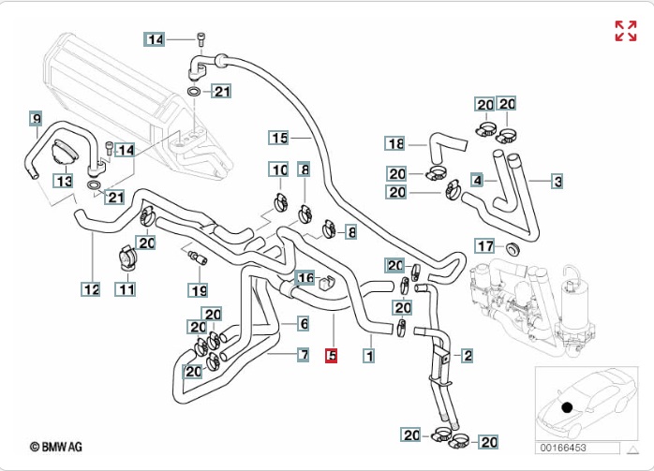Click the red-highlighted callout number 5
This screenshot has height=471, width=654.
(x=331, y=356)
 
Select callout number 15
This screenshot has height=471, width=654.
(x=279, y=139)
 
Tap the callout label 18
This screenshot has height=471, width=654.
(x=396, y=144)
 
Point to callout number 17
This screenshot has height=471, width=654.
(x=484, y=246)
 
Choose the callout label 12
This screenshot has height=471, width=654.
(x=91, y=290)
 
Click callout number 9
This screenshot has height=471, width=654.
(x=37, y=118)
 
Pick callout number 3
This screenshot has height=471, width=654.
(x=557, y=181)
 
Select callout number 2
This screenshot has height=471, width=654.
(x=467, y=356)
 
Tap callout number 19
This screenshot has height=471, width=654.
(x=199, y=290)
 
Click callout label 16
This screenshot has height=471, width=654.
(x=305, y=278)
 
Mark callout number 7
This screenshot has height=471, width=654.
(x=304, y=355)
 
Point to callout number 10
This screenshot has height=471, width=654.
(x=279, y=169)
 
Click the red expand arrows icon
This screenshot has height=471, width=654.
(x=625, y=31)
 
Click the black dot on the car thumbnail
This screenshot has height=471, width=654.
(x=567, y=406)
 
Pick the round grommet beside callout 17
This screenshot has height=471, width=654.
(x=513, y=248)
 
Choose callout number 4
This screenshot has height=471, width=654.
(x=477, y=179)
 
